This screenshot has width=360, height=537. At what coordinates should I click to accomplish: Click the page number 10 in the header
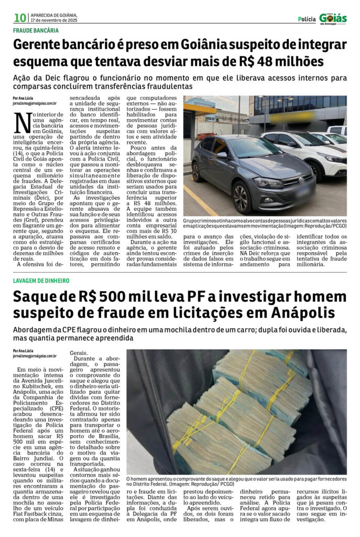[20, 18]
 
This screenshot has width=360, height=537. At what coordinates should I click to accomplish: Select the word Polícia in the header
[307, 19]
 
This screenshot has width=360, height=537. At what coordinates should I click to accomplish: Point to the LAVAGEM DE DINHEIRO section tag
[41, 281]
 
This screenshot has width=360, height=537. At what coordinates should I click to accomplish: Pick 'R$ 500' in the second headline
[107, 297]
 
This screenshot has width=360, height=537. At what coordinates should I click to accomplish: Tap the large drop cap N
[23, 123]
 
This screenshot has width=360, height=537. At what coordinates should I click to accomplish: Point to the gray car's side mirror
[223, 155]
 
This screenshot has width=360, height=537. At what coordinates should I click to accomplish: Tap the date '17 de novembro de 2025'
[54, 20]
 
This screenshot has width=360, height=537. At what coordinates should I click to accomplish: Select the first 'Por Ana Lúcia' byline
[23, 98]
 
